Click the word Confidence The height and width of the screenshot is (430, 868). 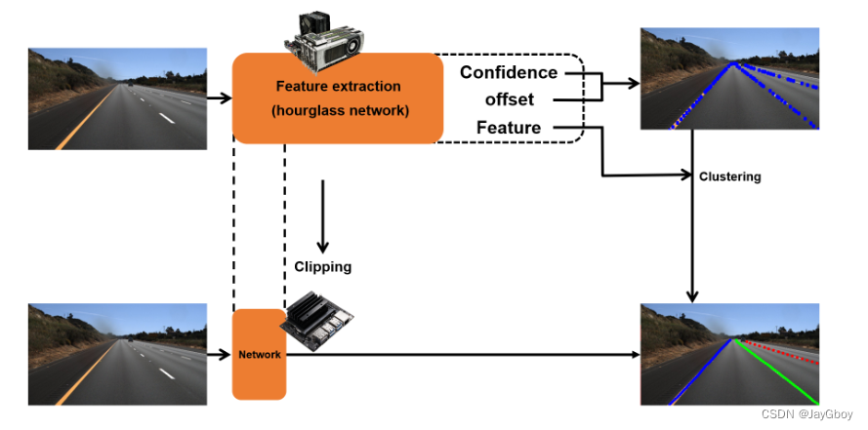pyautogui.click(x=509, y=72)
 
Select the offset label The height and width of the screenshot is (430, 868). pyautogui.click(x=510, y=99)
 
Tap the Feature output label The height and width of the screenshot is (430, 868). pyautogui.click(x=509, y=128)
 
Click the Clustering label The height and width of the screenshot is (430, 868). pyautogui.click(x=729, y=176)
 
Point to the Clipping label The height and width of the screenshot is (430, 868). pyautogui.click(x=322, y=265)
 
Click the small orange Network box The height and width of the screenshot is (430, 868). pyautogui.click(x=259, y=354)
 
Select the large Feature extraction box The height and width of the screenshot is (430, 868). pyautogui.click(x=337, y=98)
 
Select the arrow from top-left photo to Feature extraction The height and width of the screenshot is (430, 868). pyautogui.click(x=220, y=98)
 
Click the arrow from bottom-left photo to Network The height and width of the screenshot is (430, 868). pyautogui.click(x=220, y=354)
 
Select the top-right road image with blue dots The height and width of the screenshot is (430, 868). pyautogui.click(x=729, y=78)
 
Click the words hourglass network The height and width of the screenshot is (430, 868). pyautogui.click(x=337, y=109)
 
